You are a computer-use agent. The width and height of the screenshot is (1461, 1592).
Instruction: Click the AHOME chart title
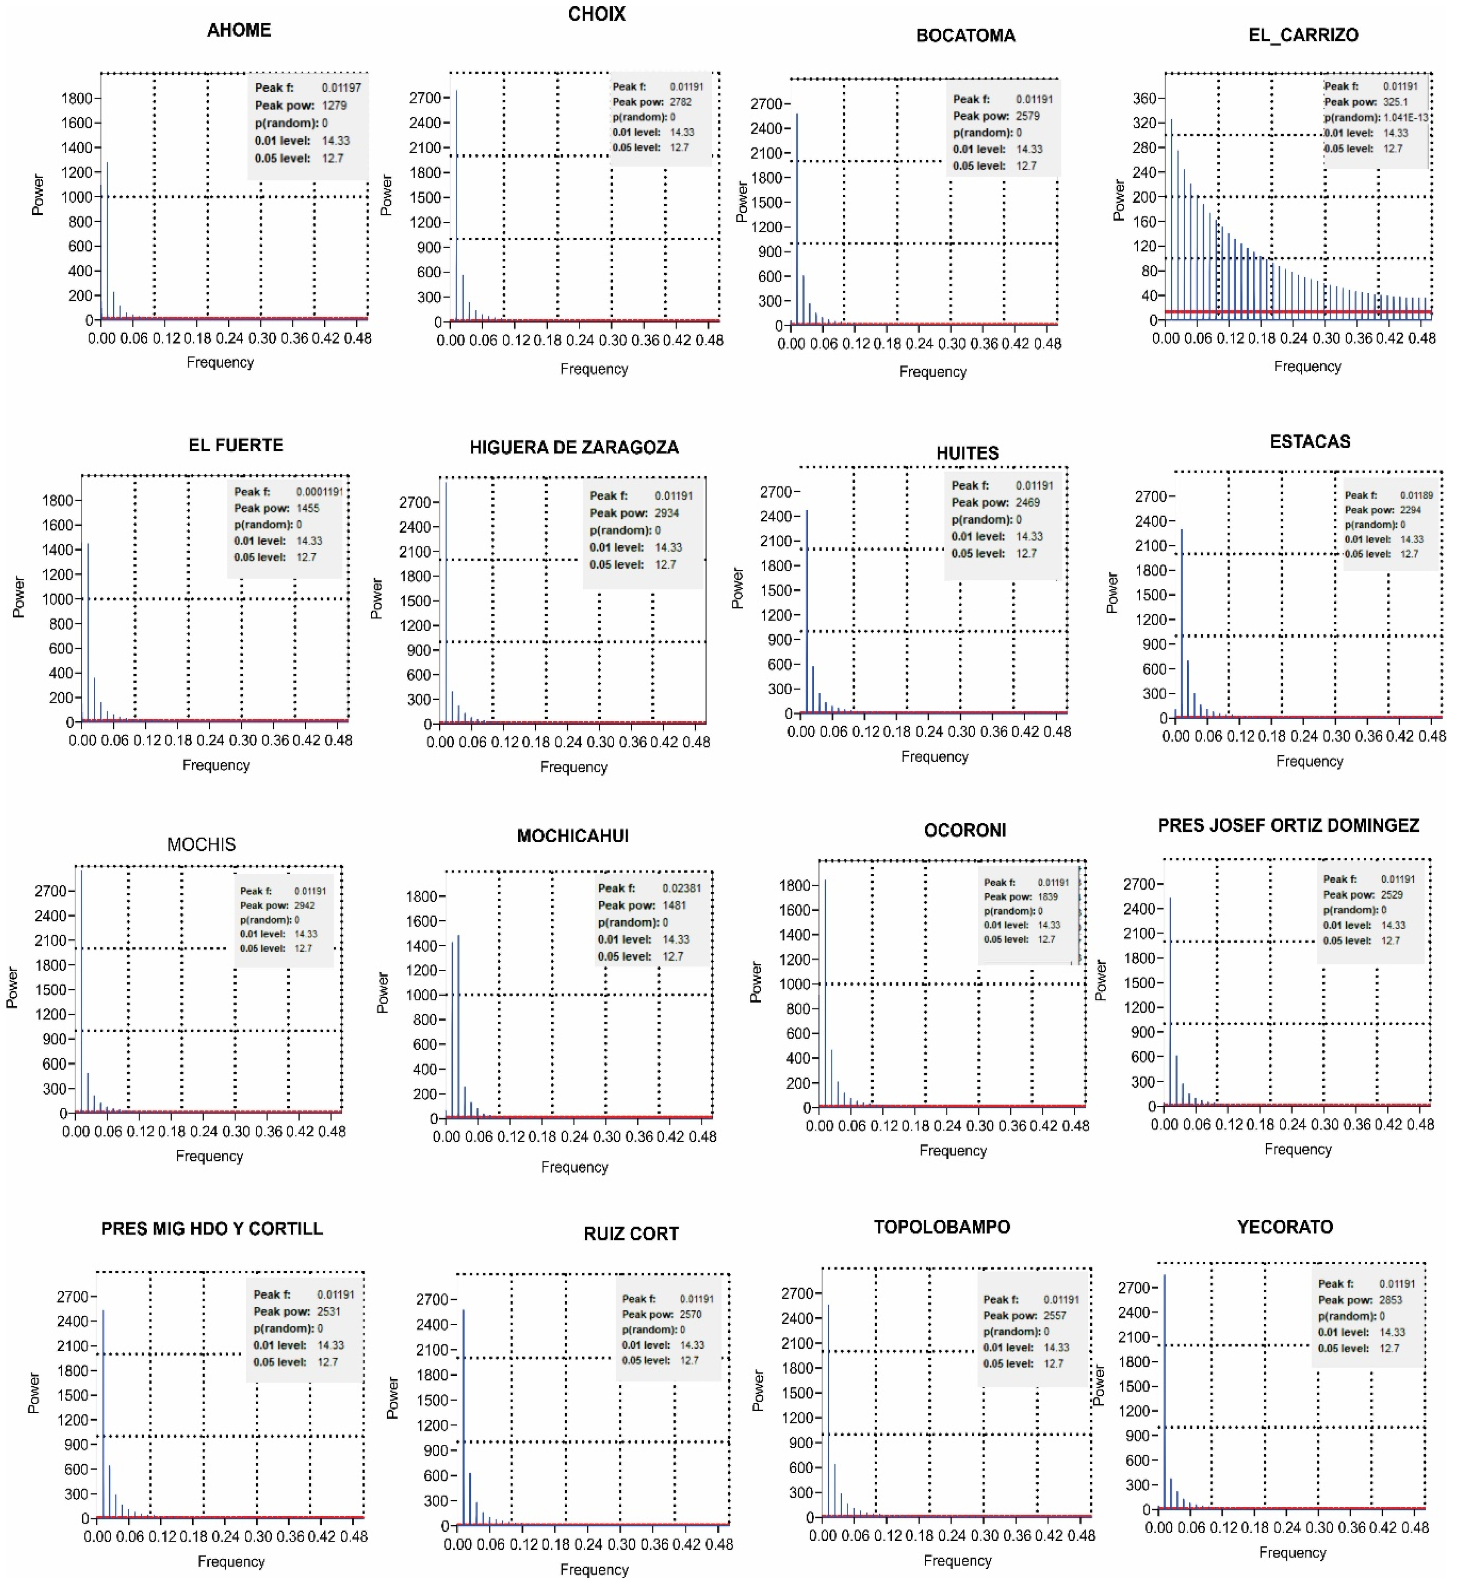[x=239, y=30]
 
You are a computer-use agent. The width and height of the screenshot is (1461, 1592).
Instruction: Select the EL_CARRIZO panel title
[x=1303, y=35]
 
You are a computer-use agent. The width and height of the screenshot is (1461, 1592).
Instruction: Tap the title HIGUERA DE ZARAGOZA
[x=574, y=447]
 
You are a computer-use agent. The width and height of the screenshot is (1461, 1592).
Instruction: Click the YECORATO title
[x=1285, y=1227]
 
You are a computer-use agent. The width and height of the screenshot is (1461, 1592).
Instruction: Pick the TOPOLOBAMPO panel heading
[x=942, y=1227]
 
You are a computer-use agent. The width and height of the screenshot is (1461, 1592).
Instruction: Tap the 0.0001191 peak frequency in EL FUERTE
[x=319, y=492]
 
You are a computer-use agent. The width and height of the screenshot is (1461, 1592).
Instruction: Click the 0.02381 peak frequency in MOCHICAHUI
[x=682, y=888]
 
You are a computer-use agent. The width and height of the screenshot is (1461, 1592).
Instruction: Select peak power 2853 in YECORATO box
[x=1391, y=1300]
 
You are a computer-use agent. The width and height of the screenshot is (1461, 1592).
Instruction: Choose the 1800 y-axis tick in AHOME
[x=77, y=98]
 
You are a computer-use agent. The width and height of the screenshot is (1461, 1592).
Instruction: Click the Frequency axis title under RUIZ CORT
[x=594, y=1569]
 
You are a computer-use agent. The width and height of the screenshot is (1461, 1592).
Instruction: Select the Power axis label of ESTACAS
[x=1112, y=593]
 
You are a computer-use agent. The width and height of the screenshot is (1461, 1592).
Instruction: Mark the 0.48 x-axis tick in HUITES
[x=1057, y=732]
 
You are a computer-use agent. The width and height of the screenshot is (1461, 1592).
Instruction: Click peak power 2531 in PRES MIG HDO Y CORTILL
[x=329, y=1311]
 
